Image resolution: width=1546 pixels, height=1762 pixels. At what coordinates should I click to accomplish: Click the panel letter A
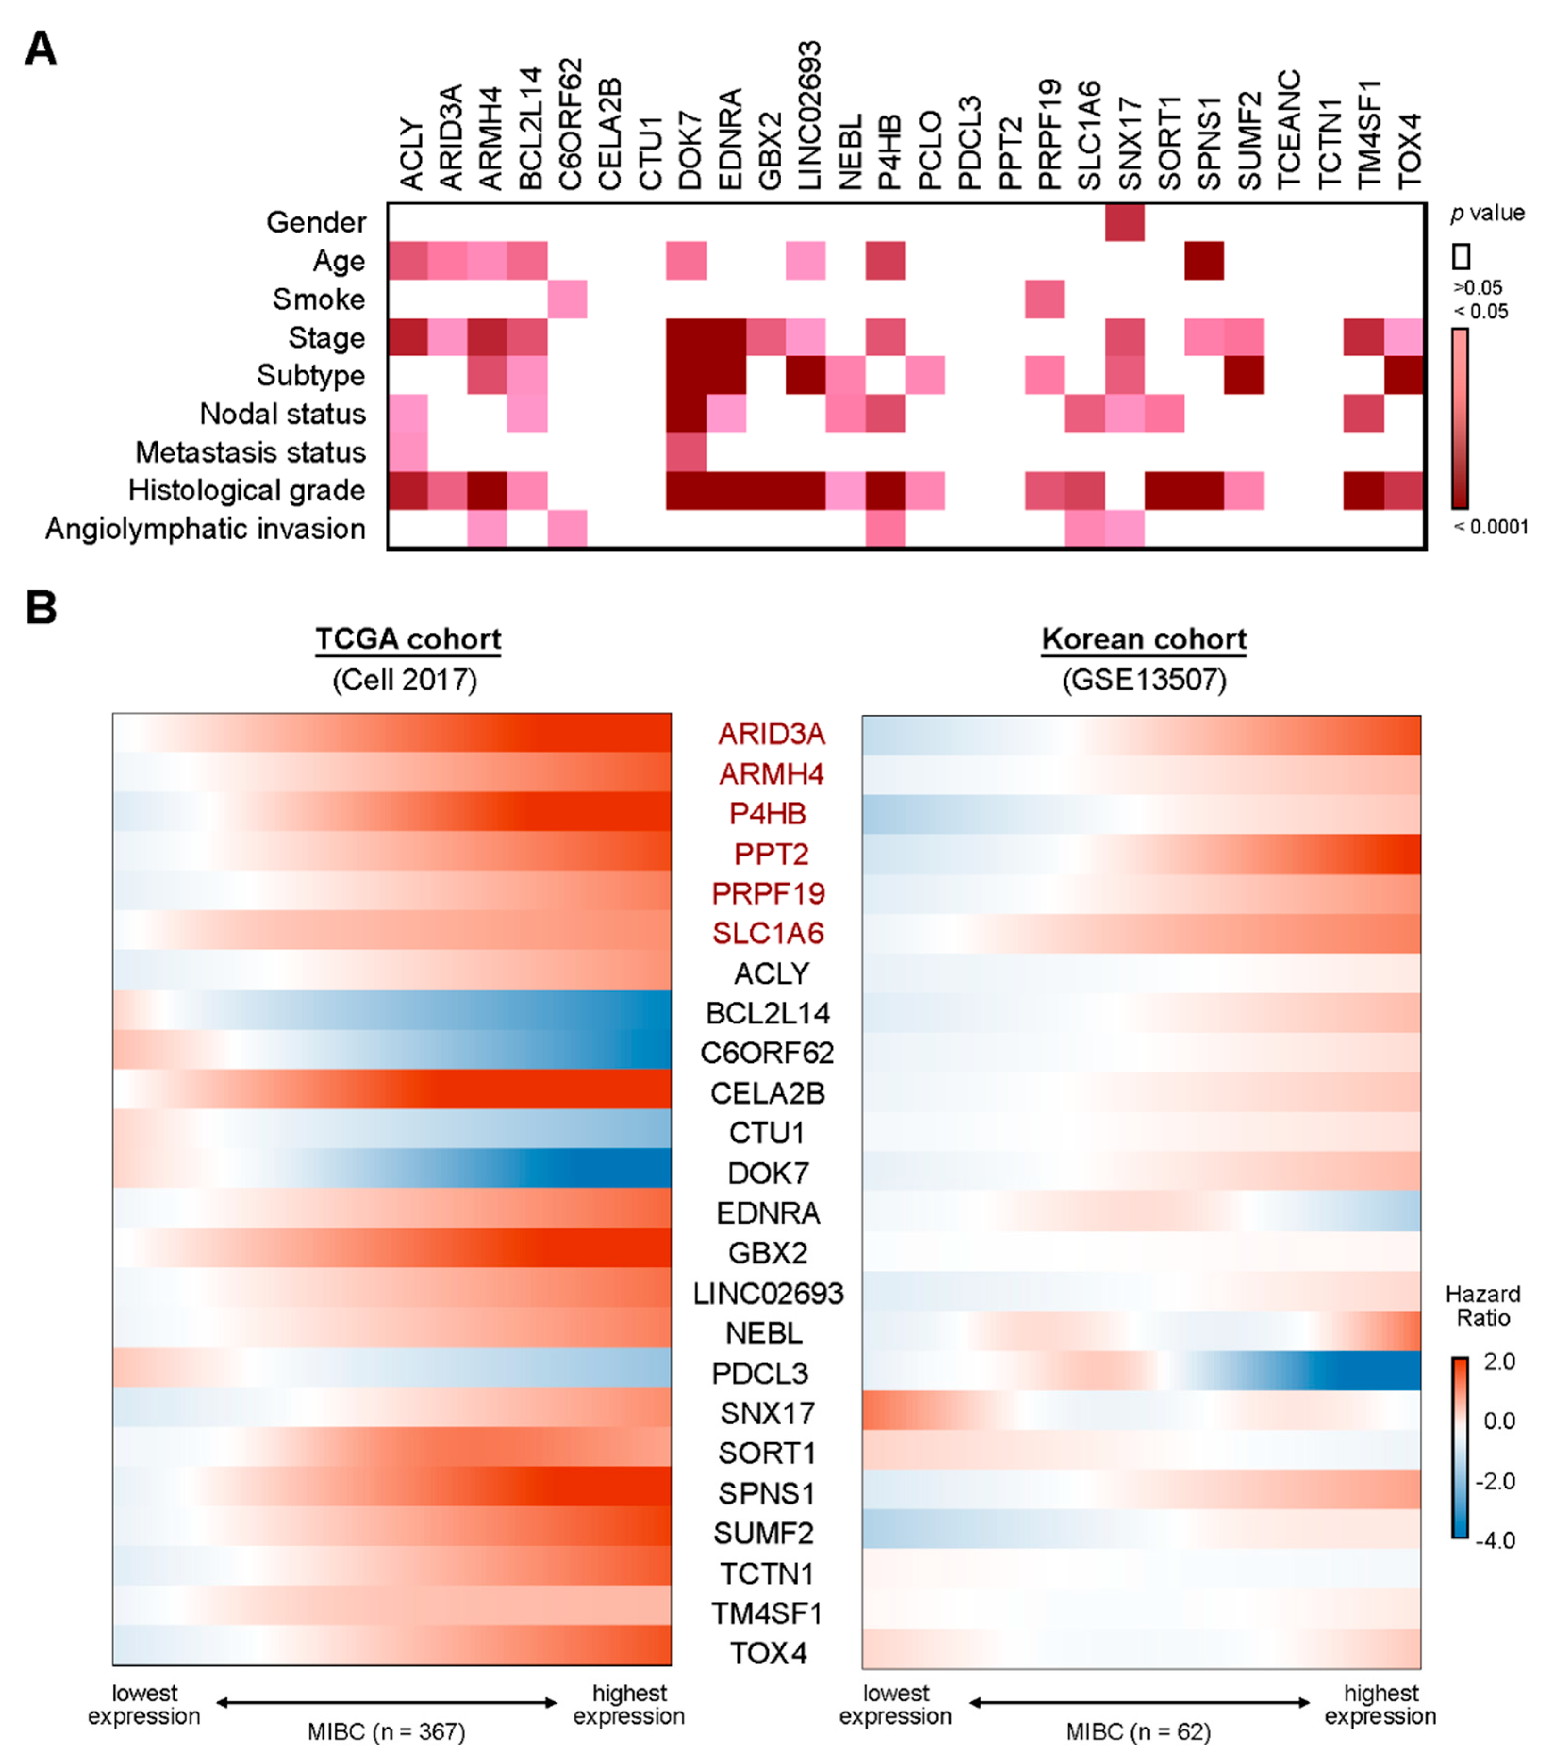[x=41, y=49]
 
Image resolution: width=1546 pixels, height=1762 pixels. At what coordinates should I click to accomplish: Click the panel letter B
[x=41, y=608]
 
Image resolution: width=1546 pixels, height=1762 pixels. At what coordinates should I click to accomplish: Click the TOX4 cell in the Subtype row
[x=1404, y=375]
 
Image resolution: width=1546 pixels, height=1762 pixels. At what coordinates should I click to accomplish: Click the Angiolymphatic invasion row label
[x=205, y=528]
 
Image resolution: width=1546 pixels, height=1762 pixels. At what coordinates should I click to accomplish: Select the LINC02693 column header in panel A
[x=808, y=115]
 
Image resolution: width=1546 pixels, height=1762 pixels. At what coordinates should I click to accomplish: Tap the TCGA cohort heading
[x=408, y=640]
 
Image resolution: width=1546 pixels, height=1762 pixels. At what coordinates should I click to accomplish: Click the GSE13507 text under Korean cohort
[x=1144, y=680]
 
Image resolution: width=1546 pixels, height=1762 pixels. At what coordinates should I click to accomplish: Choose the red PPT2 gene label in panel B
[x=771, y=854]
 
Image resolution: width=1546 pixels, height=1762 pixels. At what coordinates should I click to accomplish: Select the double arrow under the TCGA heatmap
[x=386, y=1703]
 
